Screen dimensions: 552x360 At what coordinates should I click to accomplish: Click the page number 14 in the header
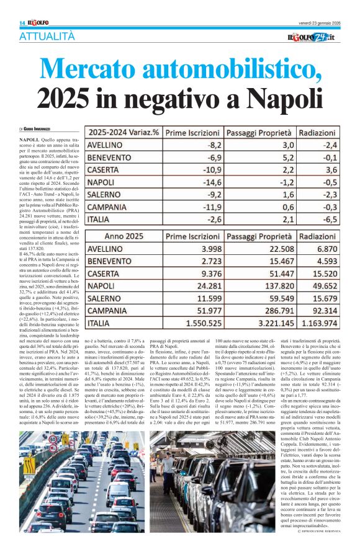(22, 23)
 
